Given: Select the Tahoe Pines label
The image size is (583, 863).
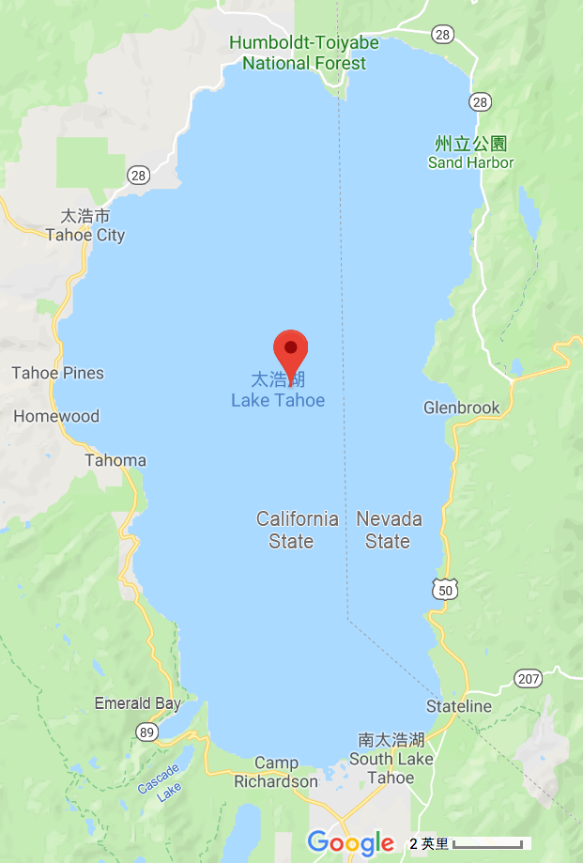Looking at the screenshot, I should click(x=58, y=373).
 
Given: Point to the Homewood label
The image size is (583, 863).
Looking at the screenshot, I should click(x=56, y=416).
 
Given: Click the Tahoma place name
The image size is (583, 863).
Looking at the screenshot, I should click(x=115, y=460).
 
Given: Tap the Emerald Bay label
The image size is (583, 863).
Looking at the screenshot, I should click(x=138, y=702).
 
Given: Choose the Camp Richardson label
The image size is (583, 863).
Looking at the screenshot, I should click(x=276, y=772).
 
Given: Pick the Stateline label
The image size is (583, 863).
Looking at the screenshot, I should click(x=459, y=705).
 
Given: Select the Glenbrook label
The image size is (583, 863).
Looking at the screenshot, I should click(x=462, y=408).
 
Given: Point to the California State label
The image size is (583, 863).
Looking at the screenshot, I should click(x=298, y=530).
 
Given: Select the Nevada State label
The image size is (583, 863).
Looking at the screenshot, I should click(x=389, y=530).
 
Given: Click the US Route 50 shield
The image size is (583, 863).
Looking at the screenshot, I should click(x=446, y=589).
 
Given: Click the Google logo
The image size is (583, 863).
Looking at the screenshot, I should click(x=350, y=842).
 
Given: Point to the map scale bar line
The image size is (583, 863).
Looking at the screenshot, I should click(x=488, y=844).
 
